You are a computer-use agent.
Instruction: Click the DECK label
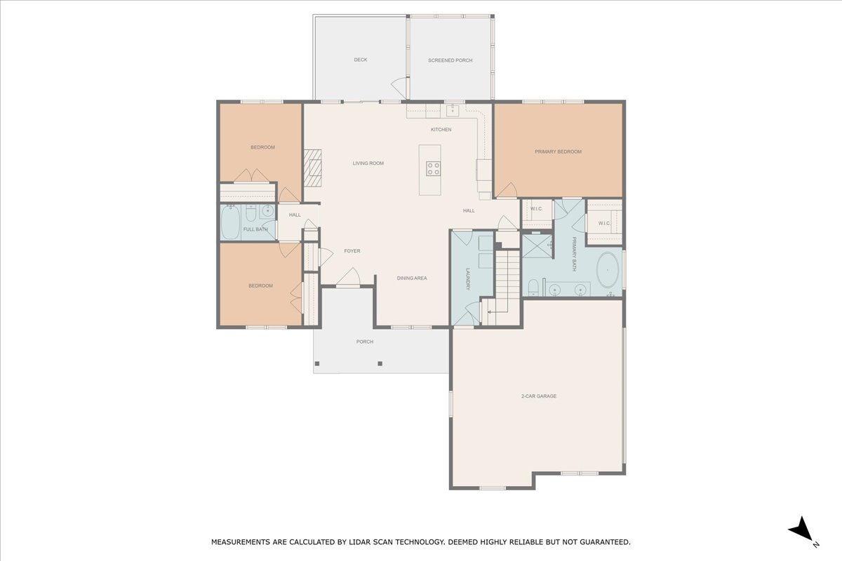(x=360, y=60)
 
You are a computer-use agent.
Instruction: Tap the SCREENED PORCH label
(x=450, y=61)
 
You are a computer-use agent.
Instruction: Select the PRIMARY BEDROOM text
(x=558, y=152)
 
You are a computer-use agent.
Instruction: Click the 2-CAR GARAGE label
(x=538, y=396)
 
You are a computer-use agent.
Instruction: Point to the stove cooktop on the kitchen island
(x=434, y=168)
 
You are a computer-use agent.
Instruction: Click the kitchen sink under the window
(x=453, y=110)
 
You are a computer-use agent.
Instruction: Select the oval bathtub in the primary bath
(x=608, y=271)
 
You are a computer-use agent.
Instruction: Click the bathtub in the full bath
(x=230, y=223)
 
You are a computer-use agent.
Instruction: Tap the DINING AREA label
(x=412, y=278)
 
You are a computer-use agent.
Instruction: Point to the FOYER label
(x=352, y=251)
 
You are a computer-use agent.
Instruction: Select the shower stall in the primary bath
(x=537, y=246)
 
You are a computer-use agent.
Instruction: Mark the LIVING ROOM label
(x=368, y=163)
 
